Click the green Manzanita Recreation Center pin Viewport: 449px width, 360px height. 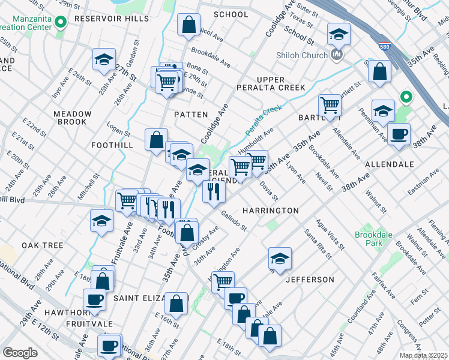(x=60, y=23)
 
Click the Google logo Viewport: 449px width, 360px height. (x=20, y=353)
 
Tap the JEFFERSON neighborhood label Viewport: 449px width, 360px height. (x=310, y=280)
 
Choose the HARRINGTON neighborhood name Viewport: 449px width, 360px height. (x=270, y=211)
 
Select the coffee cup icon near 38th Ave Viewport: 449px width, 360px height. (x=398, y=134)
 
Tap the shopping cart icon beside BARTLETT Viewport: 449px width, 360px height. (x=330, y=106)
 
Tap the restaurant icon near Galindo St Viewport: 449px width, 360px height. (x=214, y=191)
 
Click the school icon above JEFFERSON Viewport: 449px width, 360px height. (x=279, y=259)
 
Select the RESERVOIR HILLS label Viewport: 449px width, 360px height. (x=111, y=19)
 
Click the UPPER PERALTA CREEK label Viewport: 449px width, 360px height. (x=281, y=83)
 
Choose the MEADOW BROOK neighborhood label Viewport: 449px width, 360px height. (x=72, y=118)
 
